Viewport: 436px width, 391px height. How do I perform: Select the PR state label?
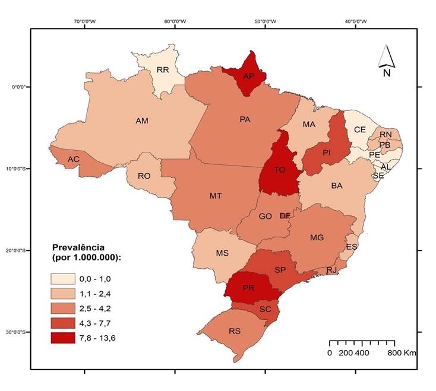pyautogui.click(x=248, y=288)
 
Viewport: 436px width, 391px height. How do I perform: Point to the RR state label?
pyautogui.click(x=163, y=70)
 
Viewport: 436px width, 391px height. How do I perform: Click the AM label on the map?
pyautogui.click(x=142, y=121)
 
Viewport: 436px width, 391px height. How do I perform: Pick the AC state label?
pyautogui.click(x=74, y=160)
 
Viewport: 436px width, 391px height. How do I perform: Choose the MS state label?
pyautogui.click(x=222, y=253)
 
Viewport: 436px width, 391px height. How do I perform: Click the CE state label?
pyautogui.click(x=360, y=129)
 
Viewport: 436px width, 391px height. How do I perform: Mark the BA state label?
pyautogui.click(x=337, y=186)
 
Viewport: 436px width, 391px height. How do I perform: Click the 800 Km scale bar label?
pyautogui.click(x=402, y=352)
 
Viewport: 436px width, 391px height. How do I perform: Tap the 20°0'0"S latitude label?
pyautogui.click(x=16, y=250)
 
